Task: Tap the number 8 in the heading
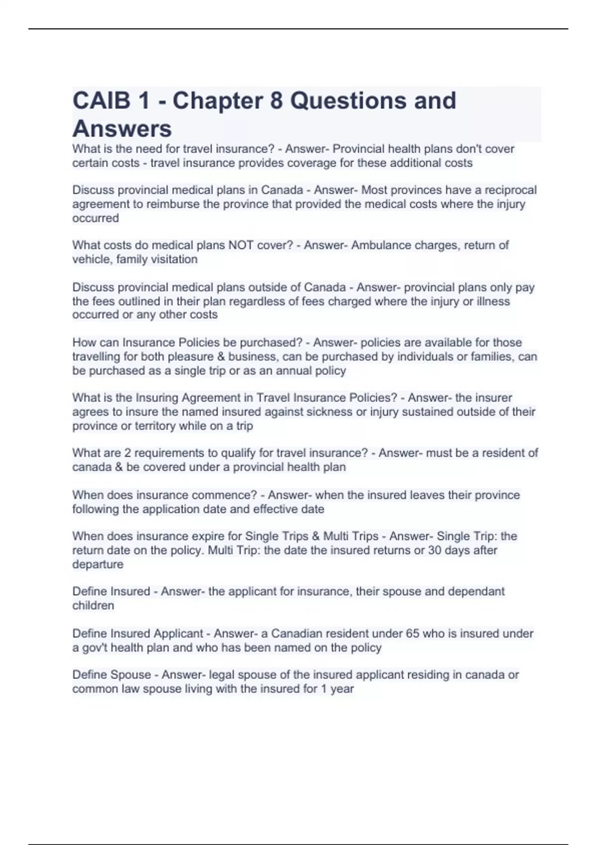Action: pyautogui.click(x=276, y=101)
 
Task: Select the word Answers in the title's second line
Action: pyautogui.click(x=122, y=129)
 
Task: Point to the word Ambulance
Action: pyautogui.click(x=381, y=245)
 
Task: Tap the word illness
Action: pyautogui.click(x=493, y=301)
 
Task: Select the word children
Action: pyautogui.click(x=93, y=605)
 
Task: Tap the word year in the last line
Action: pyautogui.click(x=342, y=689)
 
